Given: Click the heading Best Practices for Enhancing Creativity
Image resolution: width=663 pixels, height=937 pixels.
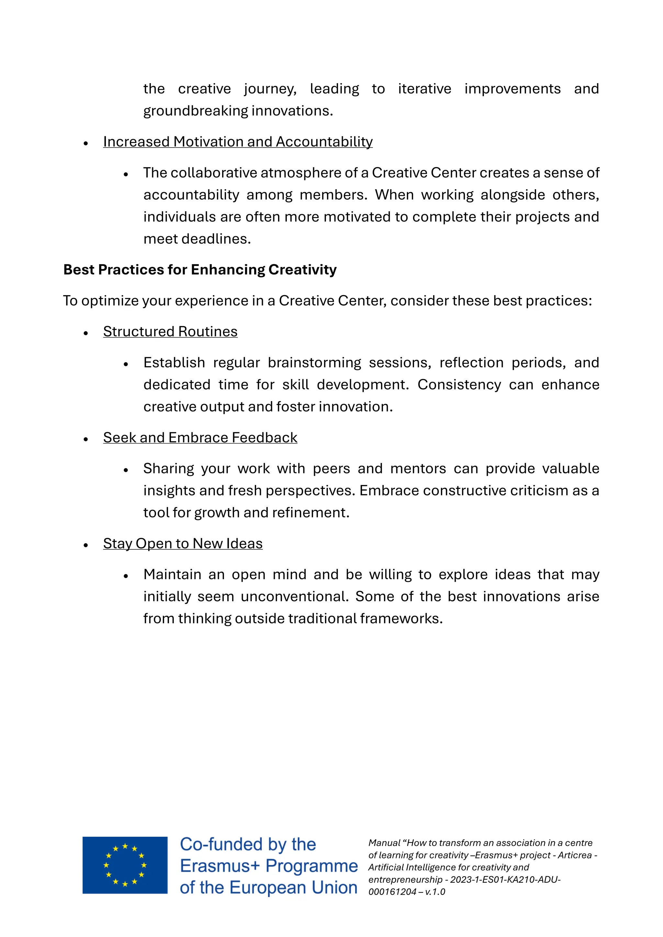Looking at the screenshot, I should (200, 270).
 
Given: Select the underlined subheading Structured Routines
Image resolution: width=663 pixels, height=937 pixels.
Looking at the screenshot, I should (170, 331).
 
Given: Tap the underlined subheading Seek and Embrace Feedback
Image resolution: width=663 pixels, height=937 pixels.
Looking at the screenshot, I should (200, 437).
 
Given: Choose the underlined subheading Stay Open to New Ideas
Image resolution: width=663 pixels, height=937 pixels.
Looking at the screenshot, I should (183, 544).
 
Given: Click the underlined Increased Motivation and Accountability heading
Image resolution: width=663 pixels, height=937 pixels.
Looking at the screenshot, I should (238, 142).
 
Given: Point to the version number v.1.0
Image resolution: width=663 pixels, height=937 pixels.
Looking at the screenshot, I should (435, 892).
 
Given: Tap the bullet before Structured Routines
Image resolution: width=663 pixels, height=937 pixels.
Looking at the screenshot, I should (86, 333).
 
